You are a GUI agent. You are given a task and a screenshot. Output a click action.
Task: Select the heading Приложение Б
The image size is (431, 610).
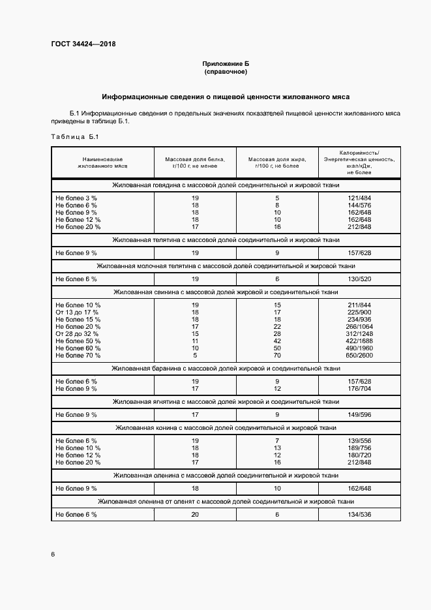pyautogui.click(x=226, y=63)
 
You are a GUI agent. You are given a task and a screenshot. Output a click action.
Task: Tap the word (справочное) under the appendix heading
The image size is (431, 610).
pyautogui.click(x=226, y=71)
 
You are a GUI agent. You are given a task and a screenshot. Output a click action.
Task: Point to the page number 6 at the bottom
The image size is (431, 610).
pyautogui.click(x=53, y=554)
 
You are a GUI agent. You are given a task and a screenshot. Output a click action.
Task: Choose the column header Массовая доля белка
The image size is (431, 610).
pyautogui.click(x=195, y=163)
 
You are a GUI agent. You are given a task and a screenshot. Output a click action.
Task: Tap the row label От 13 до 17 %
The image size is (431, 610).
pyautogui.click(x=78, y=313)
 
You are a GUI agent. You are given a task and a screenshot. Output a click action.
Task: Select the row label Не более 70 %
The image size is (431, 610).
pyautogui.click(x=78, y=356)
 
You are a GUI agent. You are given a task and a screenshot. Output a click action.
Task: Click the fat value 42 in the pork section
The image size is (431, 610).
pyautogui.click(x=277, y=341)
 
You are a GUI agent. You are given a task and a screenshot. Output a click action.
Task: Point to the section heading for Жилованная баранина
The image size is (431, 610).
pyautogui.click(x=226, y=369)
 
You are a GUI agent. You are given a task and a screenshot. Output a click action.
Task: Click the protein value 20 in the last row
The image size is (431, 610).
pyautogui.click(x=195, y=515)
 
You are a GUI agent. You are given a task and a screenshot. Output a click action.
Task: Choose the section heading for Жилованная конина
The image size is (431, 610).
pyautogui.click(x=226, y=427)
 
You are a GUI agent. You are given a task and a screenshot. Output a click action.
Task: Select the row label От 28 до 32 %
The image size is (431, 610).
pyautogui.click(x=78, y=334)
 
